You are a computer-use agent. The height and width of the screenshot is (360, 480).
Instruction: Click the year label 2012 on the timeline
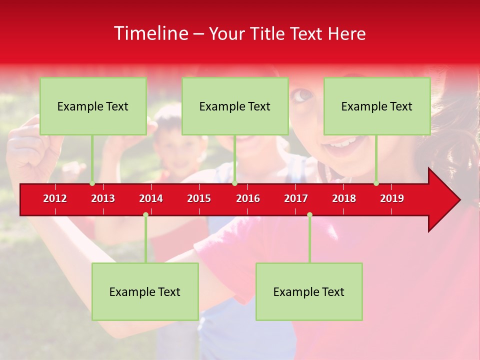click(x=55, y=198)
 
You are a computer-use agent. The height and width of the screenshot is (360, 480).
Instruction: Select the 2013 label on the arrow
click(x=103, y=198)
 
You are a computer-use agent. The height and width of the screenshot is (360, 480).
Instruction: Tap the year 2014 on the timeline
click(x=151, y=198)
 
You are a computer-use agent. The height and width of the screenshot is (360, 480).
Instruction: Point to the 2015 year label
click(x=199, y=198)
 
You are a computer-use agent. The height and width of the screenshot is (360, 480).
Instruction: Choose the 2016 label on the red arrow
click(x=248, y=198)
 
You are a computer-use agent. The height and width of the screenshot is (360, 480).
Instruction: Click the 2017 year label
click(x=296, y=198)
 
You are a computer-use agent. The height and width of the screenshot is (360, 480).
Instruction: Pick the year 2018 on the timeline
click(x=344, y=198)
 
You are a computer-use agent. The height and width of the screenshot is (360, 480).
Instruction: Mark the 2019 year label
click(x=392, y=198)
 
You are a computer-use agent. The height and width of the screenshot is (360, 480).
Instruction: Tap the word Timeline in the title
click(x=150, y=33)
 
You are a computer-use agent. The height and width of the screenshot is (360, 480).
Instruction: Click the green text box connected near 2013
click(x=93, y=106)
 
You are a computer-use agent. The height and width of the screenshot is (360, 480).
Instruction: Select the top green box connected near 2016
click(x=235, y=106)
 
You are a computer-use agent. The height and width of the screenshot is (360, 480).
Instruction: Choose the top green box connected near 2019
click(x=377, y=106)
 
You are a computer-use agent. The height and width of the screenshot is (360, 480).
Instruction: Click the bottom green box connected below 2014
click(x=145, y=291)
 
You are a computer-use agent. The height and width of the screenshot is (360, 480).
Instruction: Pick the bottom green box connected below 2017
click(x=309, y=291)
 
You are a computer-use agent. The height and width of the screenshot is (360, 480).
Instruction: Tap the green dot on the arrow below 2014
click(x=145, y=215)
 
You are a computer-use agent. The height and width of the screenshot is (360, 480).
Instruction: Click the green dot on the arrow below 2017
click(x=309, y=215)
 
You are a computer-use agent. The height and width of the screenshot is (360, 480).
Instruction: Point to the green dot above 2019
click(x=376, y=183)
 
